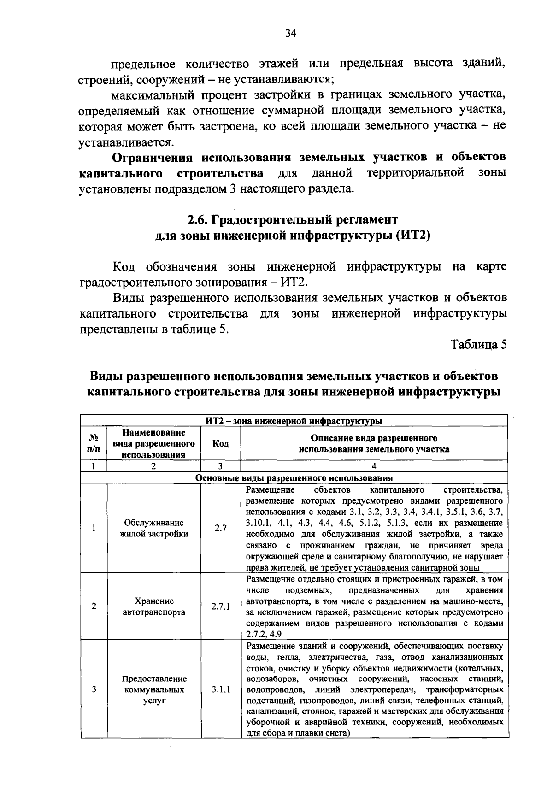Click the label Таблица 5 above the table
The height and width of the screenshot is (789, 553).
pyautogui.click(x=478, y=345)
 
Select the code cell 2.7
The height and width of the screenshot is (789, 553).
pyautogui.click(x=220, y=529)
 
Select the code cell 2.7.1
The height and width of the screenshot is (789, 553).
pyautogui.click(x=220, y=606)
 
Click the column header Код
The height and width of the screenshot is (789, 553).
pyautogui.click(x=220, y=443)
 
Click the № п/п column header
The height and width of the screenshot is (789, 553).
pyautogui.click(x=94, y=443)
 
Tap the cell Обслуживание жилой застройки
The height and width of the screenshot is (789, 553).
pyautogui.click(x=153, y=529)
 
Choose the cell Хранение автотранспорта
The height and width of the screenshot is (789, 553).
pyautogui.click(x=153, y=606)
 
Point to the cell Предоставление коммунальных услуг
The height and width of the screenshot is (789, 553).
pyautogui.click(x=153, y=690)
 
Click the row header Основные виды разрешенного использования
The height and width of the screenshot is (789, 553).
pyautogui.click(x=294, y=478)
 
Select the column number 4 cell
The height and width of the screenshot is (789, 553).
pyautogui.click(x=374, y=466)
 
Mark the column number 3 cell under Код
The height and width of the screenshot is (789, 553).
pyautogui.click(x=220, y=466)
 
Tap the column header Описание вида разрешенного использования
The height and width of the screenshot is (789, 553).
pyautogui.click(x=374, y=443)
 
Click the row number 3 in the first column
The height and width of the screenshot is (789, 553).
pyautogui.click(x=94, y=690)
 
